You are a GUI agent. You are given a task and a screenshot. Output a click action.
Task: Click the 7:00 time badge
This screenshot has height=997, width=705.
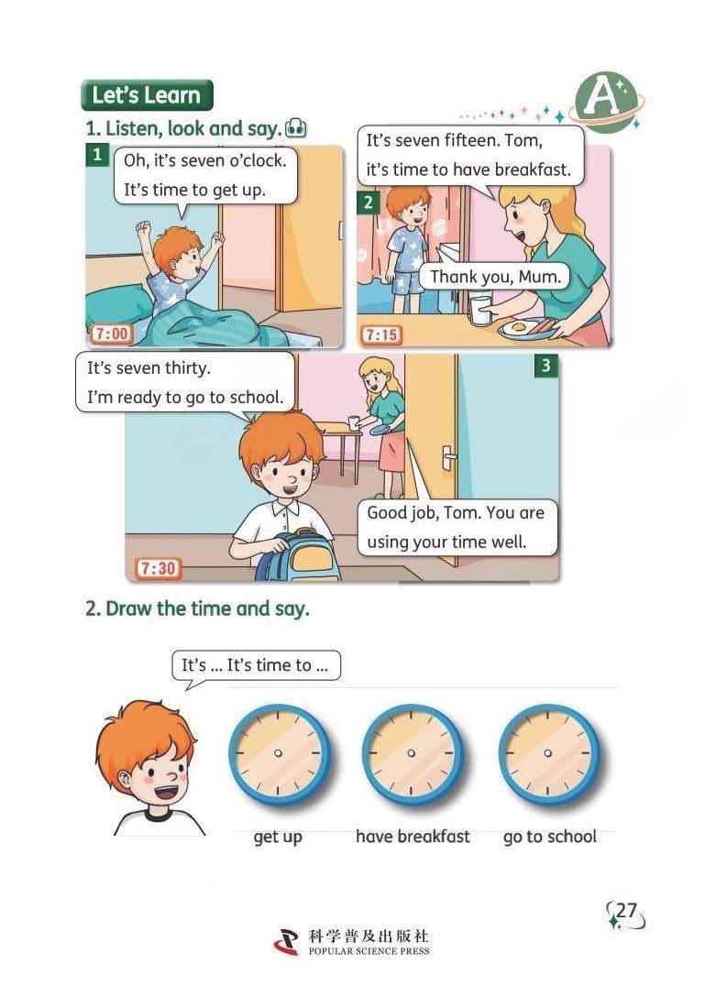click(x=112, y=334)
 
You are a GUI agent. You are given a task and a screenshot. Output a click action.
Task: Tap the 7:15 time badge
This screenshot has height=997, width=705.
click(x=382, y=334)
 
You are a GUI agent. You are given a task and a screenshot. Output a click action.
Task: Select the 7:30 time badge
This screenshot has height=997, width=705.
click(x=159, y=568)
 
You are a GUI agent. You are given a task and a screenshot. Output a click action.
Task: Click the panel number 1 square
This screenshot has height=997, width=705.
click(x=96, y=155)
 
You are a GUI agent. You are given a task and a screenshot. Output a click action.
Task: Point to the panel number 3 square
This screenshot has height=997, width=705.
click(x=545, y=366)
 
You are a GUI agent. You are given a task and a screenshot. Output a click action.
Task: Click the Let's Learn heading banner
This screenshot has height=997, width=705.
click(x=147, y=95)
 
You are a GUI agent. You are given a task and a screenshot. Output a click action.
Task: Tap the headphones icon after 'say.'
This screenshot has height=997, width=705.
click(x=296, y=128)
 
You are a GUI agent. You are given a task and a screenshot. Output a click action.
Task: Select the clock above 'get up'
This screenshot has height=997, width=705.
click(x=279, y=753)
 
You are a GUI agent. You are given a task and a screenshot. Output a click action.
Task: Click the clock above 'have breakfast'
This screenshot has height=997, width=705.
click(x=413, y=753)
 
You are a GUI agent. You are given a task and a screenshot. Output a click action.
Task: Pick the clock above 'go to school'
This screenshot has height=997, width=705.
click(x=548, y=753)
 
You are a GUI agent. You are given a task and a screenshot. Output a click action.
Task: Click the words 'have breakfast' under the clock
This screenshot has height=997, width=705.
click(x=413, y=836)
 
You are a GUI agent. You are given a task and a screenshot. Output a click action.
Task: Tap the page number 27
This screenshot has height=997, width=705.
click(x=626, y=911)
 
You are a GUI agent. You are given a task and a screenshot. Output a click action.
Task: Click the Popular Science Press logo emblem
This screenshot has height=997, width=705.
click(x=286, y=942)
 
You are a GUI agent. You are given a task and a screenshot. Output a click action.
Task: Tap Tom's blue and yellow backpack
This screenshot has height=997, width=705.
click(x=299, y=555)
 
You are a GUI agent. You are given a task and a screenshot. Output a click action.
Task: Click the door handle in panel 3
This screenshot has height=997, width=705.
click(x=448, y=458)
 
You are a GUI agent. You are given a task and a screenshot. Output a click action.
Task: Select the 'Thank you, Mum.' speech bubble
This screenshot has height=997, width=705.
click(x=495, y=277)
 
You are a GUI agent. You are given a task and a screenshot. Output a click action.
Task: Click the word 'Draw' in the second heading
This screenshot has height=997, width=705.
click(x=129, y=608)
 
